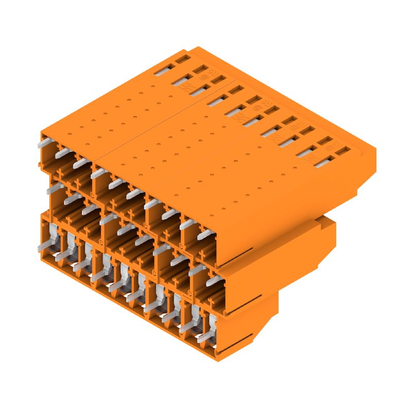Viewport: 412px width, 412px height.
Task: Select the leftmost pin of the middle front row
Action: coord(53,188)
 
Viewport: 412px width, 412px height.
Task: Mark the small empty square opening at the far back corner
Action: coord(180,59)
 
